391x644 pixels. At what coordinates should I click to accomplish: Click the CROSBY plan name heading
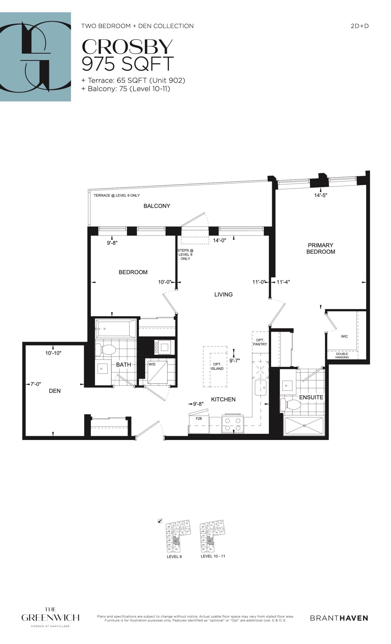coord(127,47)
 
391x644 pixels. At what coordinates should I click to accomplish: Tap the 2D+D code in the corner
coord(360,26)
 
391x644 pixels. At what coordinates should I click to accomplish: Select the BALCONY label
coord(157,206)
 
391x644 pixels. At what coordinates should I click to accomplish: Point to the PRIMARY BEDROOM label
coord(321,248)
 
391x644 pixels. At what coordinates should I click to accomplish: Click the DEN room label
coord(55,391)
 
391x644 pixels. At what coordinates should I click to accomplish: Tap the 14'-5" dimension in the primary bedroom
coord(321,195)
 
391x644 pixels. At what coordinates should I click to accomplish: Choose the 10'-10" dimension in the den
coord(53,353)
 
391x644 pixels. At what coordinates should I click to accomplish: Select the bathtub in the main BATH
coord(116,328)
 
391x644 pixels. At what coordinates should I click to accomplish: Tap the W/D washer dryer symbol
coord(157,373)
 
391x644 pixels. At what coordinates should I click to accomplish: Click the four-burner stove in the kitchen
coord(233,424)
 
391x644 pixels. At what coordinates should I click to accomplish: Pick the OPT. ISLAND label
coord(217,367)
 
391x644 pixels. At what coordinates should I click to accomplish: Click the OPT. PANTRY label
coord(260,342)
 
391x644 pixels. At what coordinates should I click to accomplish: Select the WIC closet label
coord(344,336)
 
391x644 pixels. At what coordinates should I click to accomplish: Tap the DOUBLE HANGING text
coord(342,355)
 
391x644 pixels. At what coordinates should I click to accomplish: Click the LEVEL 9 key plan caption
coord(174,557)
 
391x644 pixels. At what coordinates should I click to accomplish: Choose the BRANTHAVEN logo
coord(339,618)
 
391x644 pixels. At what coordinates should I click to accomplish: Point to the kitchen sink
coord(261,388)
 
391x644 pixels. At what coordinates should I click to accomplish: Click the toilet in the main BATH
coord(106,349)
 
